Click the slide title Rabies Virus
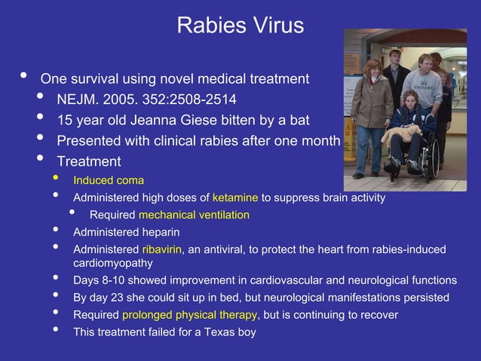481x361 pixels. pos(240,26)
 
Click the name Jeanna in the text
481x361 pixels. pos(166,120)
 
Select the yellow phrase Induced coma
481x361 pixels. pos(108,180)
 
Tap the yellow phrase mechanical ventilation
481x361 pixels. pos(194,215)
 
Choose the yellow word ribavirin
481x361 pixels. pos(161,249)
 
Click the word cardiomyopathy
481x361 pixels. pos(112,263)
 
